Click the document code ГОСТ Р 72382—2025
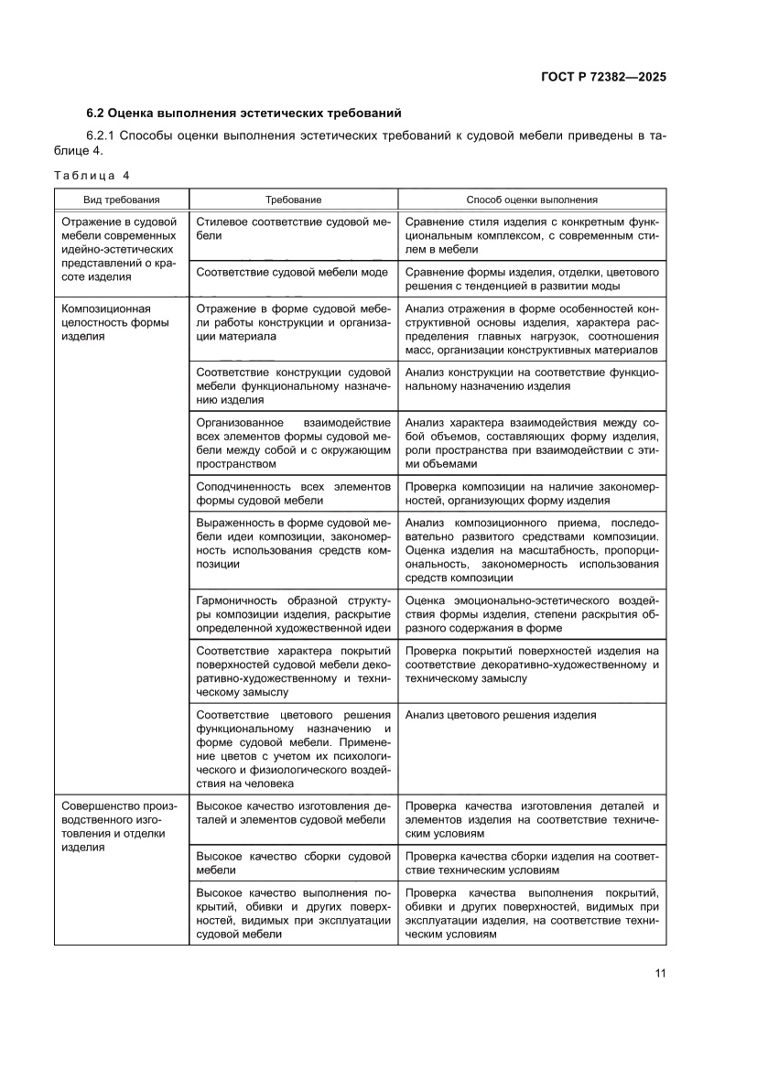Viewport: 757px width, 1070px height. coord(596,77)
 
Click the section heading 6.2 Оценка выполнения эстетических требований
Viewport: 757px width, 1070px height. coord(243,113)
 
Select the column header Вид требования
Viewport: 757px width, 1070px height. coord(122,199)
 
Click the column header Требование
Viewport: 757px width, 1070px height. coord(293,199)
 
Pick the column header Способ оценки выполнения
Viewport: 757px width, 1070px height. coord(532,199)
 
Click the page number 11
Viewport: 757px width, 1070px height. coord(660,973)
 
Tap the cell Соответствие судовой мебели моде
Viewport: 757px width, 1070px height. coord(292,272)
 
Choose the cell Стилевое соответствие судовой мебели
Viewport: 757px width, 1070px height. coord(293,229)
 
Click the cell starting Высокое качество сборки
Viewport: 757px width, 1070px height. coord(293,863)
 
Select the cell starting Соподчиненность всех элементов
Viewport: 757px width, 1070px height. coord(293,493)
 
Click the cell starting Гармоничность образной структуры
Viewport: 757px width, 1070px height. coord(293,614)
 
